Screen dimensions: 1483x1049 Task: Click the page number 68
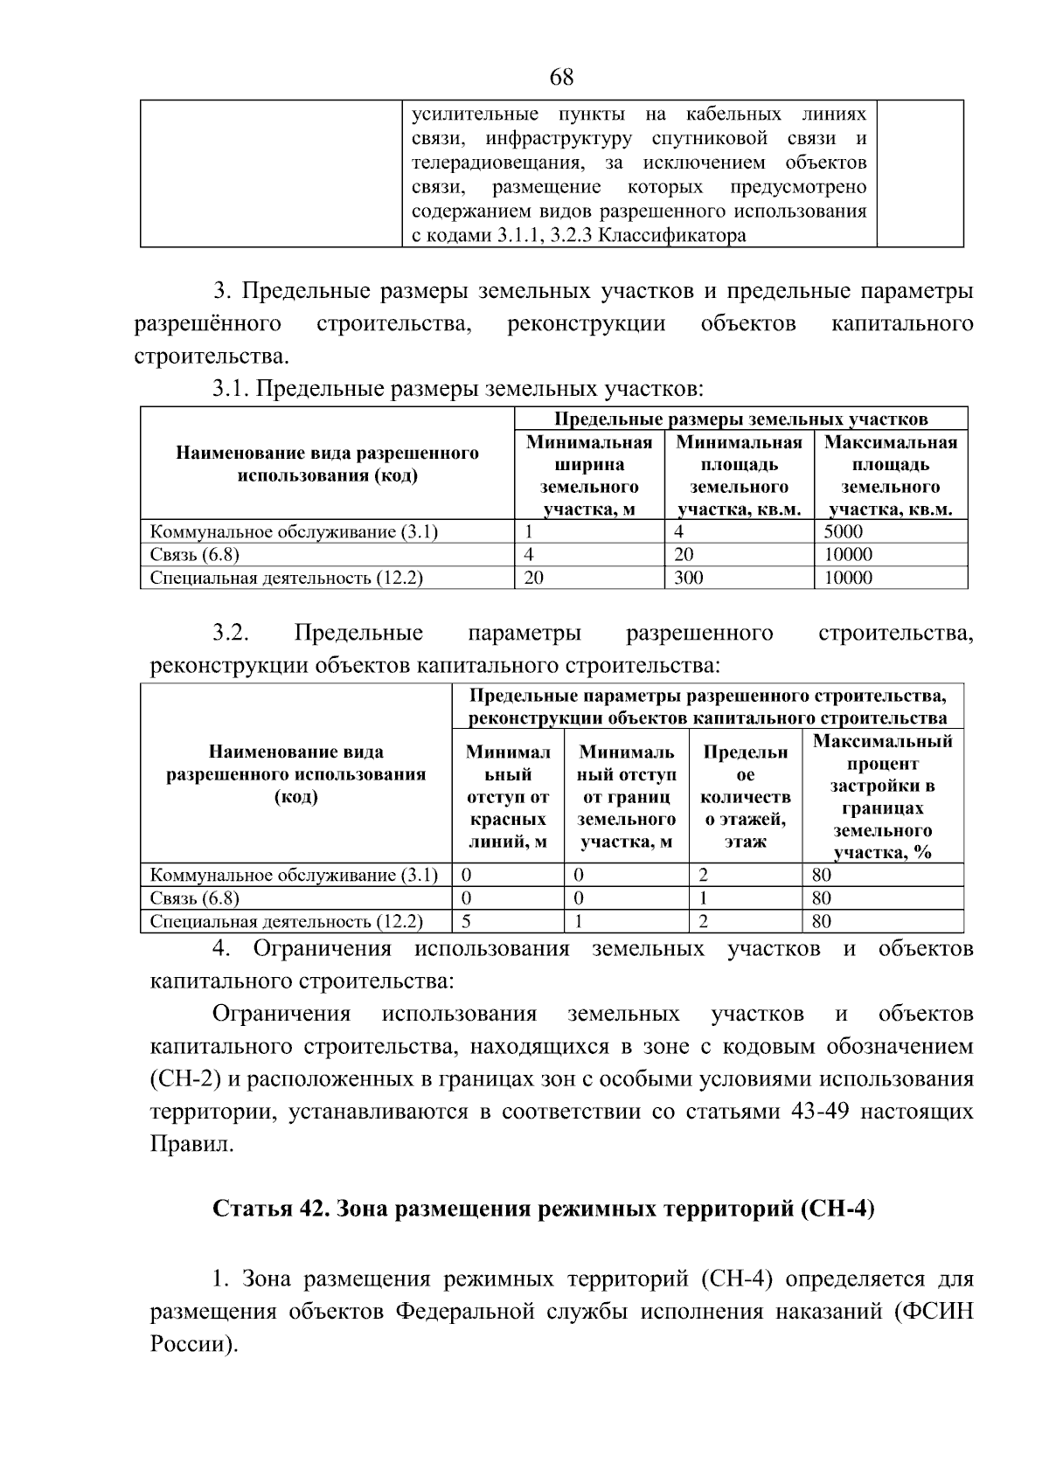[562, 78]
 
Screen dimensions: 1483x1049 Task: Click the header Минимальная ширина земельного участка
[589, 475]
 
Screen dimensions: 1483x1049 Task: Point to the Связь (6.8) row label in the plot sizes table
[194, 554]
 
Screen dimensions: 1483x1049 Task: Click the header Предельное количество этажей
[745, 796]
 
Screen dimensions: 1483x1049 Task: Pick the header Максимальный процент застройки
[882, 796]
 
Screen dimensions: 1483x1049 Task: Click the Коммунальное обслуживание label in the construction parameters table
[294, 875]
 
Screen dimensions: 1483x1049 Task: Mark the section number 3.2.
[231, 633]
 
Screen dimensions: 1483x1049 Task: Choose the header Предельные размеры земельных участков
[741, 419]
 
